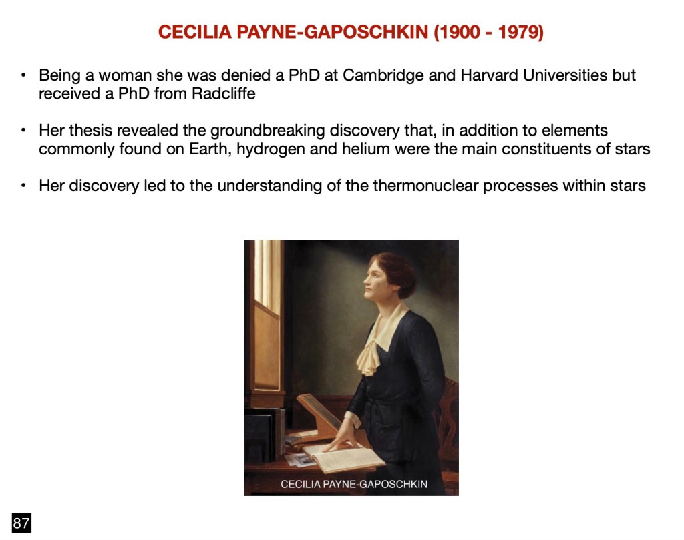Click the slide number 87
pos(21,523)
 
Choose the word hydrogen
pos(271,150)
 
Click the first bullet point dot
pos(23,75)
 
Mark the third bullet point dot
pos(23,186)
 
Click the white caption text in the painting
pos(354,484)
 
